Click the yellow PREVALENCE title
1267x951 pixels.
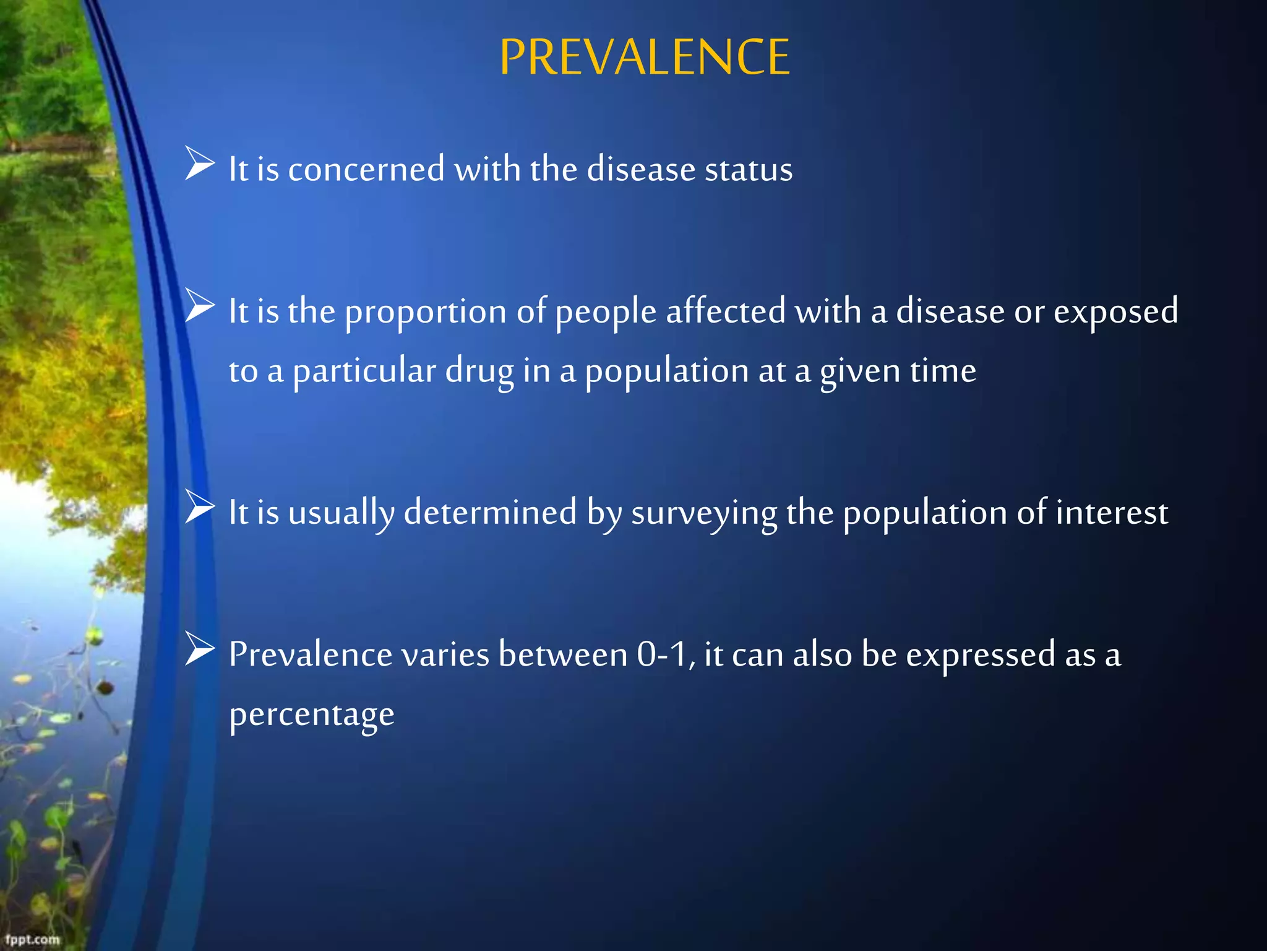[644, 57]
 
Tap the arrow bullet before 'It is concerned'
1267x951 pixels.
[199, 164]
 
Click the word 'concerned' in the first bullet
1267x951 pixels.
[366, 169]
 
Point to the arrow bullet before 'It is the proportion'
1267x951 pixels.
[199, 306]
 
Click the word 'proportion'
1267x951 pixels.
[426, 311]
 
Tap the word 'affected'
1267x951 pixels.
[726, 311]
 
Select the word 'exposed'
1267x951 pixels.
[1115, 311]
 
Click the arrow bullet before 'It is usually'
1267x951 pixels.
[199, 507]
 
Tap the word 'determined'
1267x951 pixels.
[490, 512]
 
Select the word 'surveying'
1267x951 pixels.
[704, 513]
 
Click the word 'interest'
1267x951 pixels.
[1112, 513]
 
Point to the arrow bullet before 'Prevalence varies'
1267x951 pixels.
[199, 649]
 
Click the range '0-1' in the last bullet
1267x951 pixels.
[662, 654]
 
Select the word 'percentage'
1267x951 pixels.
[312, 715]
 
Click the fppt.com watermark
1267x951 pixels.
[32, 940]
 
